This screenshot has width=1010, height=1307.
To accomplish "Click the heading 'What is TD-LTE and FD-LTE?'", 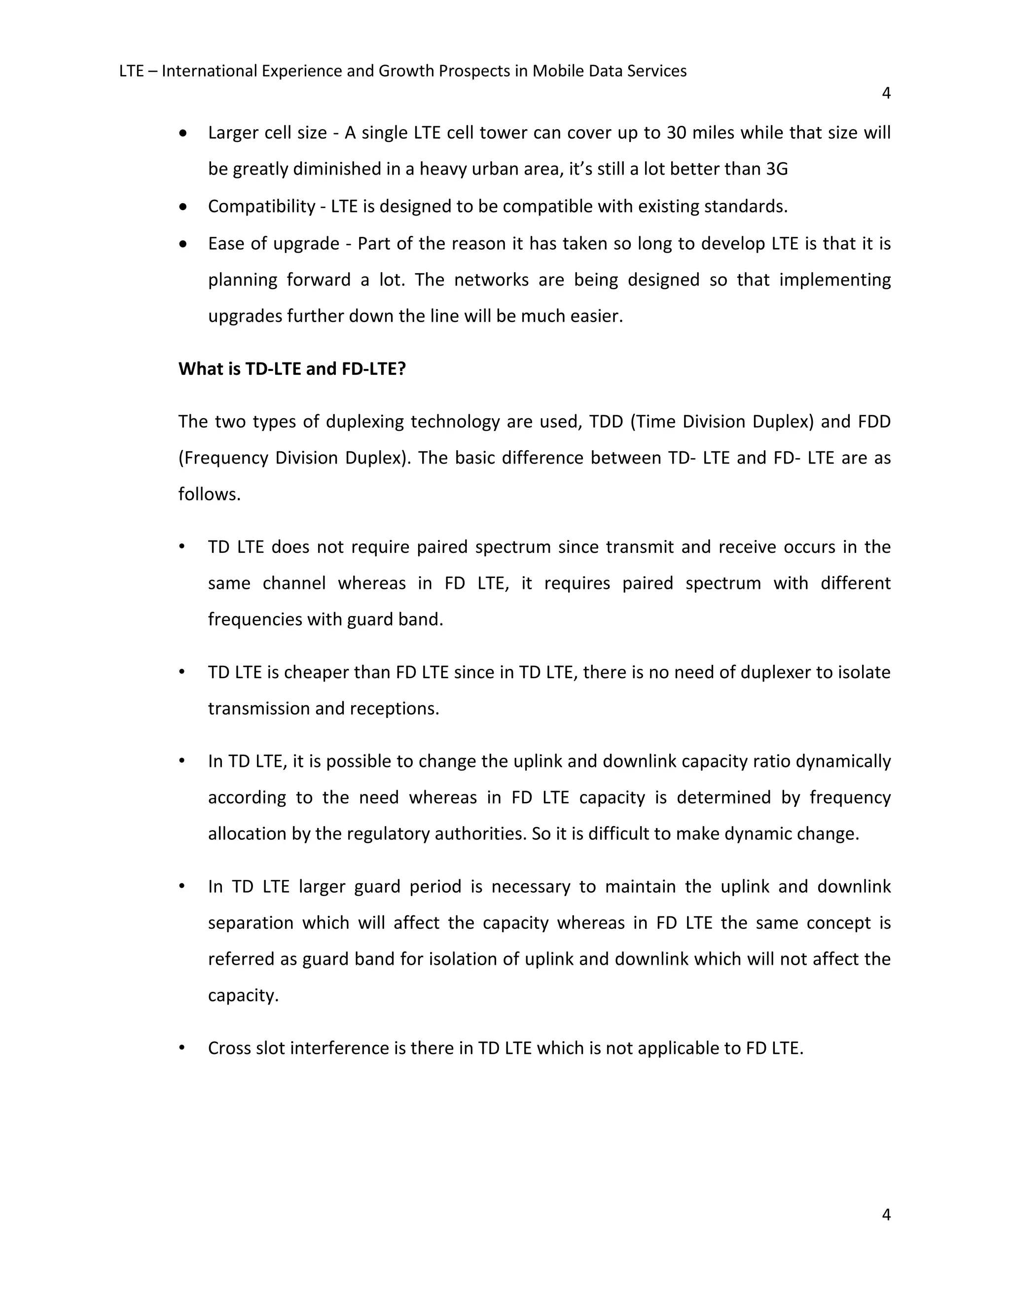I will pos(292,369).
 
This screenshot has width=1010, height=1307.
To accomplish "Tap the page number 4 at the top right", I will pos(886,93).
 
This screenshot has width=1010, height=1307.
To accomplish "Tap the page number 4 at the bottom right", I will pos(886,1214).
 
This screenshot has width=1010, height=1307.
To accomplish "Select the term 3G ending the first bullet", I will pos(777,169).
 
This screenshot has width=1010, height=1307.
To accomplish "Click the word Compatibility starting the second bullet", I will pos(261,207).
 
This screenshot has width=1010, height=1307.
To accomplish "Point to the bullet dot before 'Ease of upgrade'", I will pos(183,244).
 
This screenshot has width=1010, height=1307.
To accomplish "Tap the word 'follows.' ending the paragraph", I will pos(210,494).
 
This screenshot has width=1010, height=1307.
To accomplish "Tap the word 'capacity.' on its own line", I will pos(243,995).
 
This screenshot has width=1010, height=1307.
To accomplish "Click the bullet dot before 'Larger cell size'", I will pos(183,133).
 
